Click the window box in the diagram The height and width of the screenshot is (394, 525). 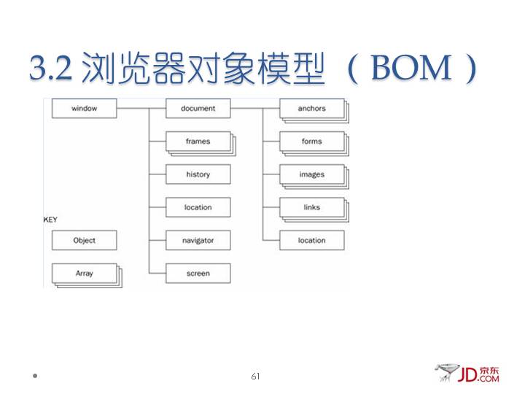(84, 109)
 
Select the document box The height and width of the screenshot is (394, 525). (198, 109)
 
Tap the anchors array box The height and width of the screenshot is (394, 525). (311, 109)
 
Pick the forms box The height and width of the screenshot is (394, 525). (311, 142)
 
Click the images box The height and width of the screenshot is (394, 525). (311, 174)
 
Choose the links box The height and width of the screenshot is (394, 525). (311, 207)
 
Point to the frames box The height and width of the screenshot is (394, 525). (198, 142)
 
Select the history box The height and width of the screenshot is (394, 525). (198, 174)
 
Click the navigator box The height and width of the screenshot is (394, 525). (198, 240)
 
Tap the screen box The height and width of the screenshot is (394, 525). (198, 274)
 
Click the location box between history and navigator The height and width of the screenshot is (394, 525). (198, 207)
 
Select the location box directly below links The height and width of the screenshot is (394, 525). (311, 240)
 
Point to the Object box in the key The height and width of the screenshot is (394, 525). (84, 240)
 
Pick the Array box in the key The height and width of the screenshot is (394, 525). (84, 274)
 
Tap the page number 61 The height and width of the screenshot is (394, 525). (255, 376)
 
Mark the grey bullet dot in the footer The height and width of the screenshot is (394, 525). (34, 377)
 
